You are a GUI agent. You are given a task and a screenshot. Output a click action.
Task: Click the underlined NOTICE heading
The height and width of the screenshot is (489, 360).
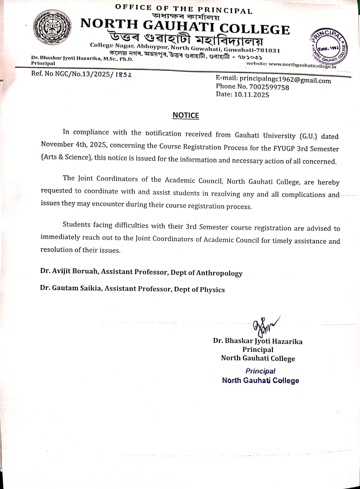point(186,116)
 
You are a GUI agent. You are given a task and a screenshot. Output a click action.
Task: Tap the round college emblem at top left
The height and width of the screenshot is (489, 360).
point(53,28)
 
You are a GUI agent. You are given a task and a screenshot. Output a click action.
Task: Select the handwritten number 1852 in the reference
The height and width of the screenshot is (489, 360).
point(124,75)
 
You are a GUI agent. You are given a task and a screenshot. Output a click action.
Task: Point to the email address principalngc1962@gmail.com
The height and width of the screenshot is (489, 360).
point(285,80)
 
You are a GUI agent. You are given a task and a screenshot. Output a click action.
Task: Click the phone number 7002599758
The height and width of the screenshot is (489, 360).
point(269,87)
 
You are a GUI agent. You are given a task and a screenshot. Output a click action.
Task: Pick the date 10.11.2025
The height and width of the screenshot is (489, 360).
point(251,95)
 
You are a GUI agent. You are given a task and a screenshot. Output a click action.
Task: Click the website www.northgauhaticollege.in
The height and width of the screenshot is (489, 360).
point(302,65)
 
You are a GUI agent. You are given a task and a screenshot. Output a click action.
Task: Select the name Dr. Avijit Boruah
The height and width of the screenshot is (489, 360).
point(69,271)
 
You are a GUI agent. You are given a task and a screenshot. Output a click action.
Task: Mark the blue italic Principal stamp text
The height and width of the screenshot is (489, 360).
point(260,371)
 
